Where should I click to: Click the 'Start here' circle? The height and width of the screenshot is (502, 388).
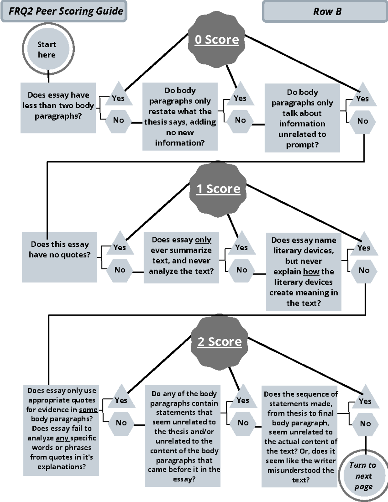48,49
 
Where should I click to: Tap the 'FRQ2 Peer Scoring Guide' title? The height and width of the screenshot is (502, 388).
66,11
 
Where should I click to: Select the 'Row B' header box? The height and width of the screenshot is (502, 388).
327,12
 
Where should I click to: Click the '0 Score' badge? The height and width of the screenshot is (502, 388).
217,40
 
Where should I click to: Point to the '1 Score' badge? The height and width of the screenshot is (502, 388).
218,189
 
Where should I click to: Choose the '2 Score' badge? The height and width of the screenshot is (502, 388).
220,342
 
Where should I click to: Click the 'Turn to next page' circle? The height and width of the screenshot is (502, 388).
363,476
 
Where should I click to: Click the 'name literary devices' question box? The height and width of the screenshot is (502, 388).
304,272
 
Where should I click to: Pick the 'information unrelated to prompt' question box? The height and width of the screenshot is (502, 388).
302,118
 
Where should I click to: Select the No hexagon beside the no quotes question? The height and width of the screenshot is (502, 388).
120,270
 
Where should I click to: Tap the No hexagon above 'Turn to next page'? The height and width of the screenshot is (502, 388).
365,423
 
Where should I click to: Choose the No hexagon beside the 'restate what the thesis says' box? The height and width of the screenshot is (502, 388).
240,120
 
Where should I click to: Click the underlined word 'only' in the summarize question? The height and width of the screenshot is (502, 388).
203,240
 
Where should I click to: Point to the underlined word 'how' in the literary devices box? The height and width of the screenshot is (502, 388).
311,272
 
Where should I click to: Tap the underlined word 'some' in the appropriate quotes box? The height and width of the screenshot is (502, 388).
88,410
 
